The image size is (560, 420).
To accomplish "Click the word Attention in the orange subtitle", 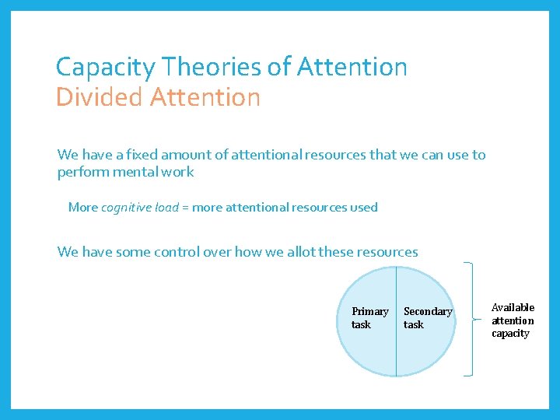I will coord(205,98).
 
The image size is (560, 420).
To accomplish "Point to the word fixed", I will coord(132,155).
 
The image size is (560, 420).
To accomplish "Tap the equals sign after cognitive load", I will coord(186,208).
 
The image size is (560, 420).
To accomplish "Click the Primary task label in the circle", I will coord(369,318).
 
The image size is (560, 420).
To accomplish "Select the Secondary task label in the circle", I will coord(427,318).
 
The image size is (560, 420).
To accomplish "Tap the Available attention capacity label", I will coord(513,320).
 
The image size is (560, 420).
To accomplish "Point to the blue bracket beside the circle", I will coord(470,320).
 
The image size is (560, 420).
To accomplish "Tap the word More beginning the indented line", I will coord(83,208).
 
